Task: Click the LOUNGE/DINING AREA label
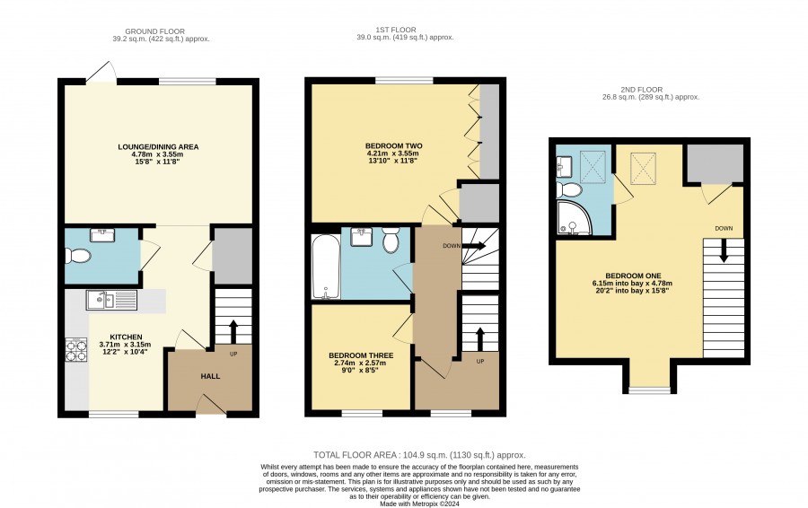coord(158,147)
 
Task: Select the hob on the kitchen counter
coord(75,350)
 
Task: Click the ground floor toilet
coord(78,256)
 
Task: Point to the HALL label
coord(210,377)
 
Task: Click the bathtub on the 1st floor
coord(326,267)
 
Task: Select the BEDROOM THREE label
coord(361,355)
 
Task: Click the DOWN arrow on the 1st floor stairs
coord(475,246)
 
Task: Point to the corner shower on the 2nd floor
coord(573,217)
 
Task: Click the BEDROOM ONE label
coord(633,276)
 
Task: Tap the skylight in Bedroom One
coord(643,168)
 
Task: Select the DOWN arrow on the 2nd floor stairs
coord(724,251)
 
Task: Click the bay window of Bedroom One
coord(650,390)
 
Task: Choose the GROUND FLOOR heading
coord(154,31)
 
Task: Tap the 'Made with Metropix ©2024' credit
coord(419,504)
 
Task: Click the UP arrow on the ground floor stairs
coord(233,331)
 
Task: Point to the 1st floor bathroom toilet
coord(391,241)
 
